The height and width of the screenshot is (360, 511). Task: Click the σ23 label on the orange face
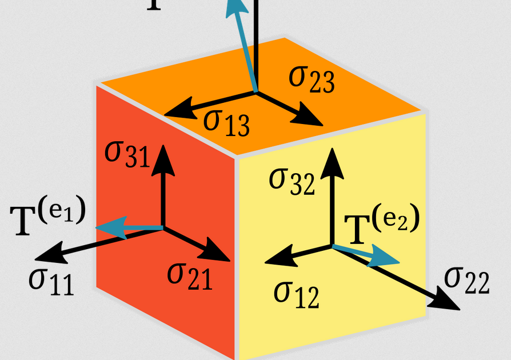coord(312,79)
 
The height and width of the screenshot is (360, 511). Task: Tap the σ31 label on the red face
coord(127,154)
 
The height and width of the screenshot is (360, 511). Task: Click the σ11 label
coord(51,279)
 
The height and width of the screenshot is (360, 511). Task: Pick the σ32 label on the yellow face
coord(292,181)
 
